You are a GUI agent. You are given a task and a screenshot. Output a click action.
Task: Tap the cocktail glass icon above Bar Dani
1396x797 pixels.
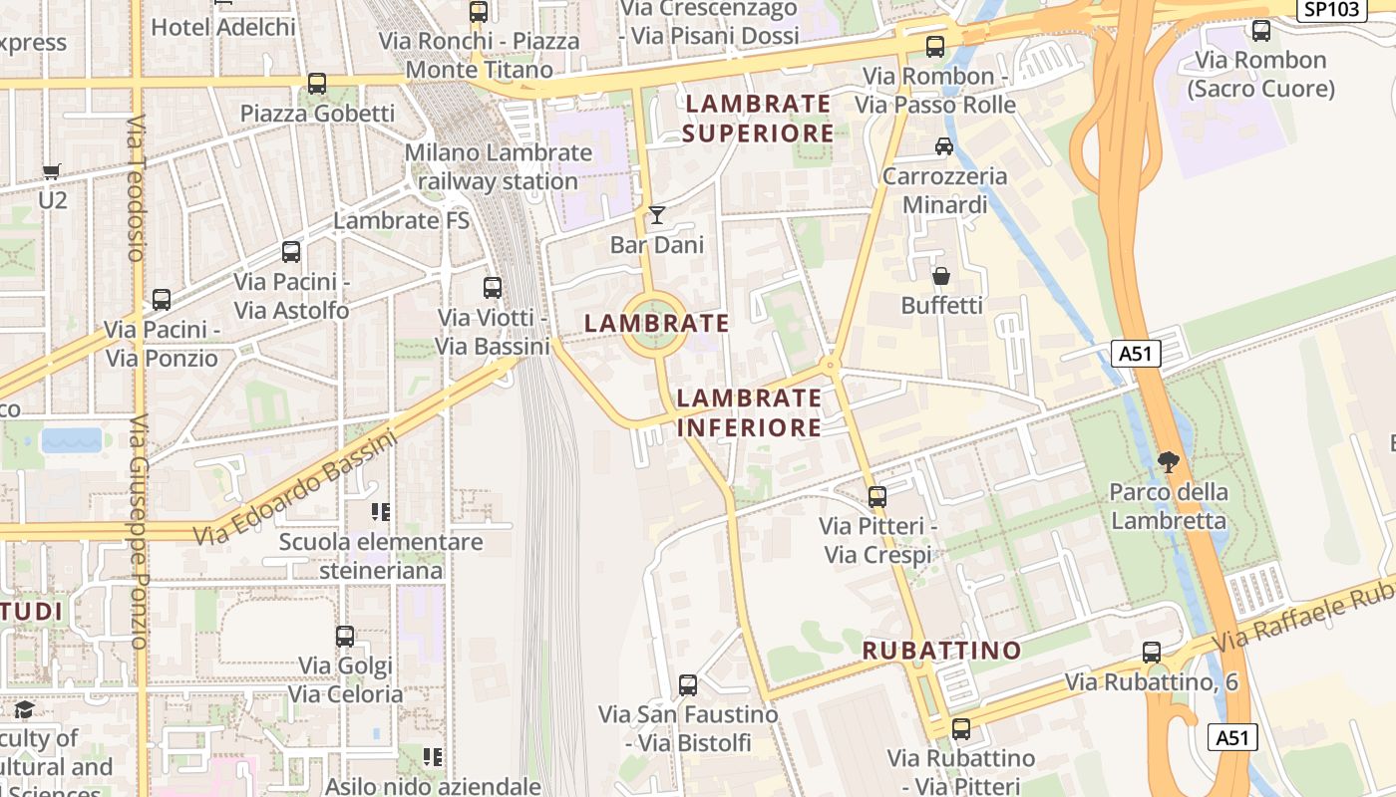click(x=656, y=214)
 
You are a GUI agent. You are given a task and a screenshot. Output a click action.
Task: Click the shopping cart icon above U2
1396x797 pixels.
click(x=52, y=171)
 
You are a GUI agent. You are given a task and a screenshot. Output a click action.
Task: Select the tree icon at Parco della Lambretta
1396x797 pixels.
click(x=1168, y=462)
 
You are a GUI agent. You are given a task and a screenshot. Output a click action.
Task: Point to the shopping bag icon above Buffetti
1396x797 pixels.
click(x=940, y=276)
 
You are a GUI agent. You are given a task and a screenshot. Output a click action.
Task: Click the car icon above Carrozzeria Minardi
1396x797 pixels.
click(x=943, y=146)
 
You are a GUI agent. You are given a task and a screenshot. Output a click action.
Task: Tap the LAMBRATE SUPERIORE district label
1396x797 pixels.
click(x=759, y=118)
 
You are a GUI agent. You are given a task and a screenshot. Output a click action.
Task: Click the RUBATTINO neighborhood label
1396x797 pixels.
click(x=941, y=651)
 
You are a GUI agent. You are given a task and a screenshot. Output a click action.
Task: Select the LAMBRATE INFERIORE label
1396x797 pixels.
click(x=749, y=412)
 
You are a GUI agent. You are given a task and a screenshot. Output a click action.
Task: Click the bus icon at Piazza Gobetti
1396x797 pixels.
click(x=317, y=84)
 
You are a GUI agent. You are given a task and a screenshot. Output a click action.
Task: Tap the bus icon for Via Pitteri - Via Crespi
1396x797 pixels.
click(x=876, y=496)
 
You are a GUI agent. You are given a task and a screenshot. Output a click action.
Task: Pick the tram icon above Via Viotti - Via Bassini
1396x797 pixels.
click(x=492, y=288)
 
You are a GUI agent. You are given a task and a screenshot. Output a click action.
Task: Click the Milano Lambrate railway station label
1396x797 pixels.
click(x=498, y=167)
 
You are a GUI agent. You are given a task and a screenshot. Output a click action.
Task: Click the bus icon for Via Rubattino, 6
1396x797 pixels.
click(x=1151, y=653)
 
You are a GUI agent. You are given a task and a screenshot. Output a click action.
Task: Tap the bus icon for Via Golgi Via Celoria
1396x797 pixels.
click(x=345, y=636)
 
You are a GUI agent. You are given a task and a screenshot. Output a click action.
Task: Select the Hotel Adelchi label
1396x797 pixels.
click(x=223, y=27)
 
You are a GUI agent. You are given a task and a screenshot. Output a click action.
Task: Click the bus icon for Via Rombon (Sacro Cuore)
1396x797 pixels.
click(x=1260, y=31)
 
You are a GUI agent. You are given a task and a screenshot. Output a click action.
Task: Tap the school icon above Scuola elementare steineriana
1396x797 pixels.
click(x=380, y=512)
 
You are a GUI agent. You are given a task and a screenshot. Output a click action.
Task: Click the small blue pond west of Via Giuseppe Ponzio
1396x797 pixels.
click(x=72, y=440)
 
